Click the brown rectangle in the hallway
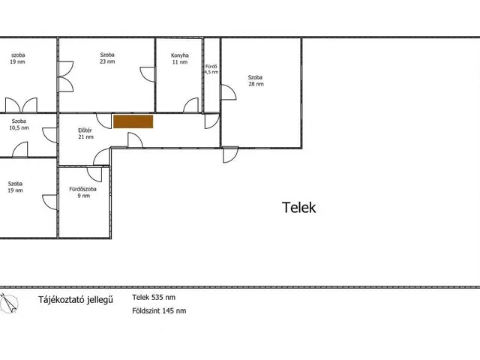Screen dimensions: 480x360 (133, 121)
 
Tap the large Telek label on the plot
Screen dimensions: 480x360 (298, 208)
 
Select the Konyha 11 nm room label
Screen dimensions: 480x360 (180, 58)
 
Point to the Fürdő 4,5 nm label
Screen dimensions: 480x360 (211, 69)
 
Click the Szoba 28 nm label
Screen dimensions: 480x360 (256, 80)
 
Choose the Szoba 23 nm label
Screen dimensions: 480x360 (107, 58)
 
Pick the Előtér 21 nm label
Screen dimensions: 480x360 (85, 133)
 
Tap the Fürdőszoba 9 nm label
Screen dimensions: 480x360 (83, 192)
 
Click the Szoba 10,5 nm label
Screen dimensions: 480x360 (19, 124)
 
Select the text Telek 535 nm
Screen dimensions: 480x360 (154, 297)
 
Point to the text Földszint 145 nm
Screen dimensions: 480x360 (159, 310)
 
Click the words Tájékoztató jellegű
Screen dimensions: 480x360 (75, 299)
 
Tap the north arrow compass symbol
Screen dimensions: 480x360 (8, 303)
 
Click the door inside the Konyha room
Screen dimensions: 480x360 (190, 105)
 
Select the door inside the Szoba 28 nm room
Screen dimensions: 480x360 (229, 92)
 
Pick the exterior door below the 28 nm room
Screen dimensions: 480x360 (230, 154)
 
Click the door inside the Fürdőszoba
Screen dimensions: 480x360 (94, 174)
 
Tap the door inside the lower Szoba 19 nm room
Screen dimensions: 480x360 (49, 202)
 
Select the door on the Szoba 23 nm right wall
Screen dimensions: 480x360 (148, 74)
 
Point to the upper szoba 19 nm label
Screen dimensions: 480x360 (18, 58)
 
